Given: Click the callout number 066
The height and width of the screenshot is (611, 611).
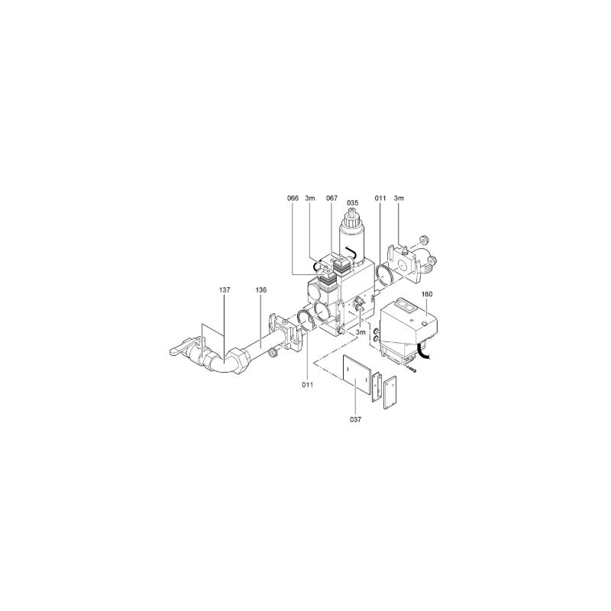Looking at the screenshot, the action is tap(293, 199).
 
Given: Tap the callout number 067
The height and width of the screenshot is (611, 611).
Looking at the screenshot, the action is tap(332, 199).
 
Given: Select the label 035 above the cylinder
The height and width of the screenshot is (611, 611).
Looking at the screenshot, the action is tap(352, 203).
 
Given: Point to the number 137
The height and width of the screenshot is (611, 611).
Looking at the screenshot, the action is tap(225, 290).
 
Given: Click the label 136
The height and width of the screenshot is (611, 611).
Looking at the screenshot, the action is tap(261, 290).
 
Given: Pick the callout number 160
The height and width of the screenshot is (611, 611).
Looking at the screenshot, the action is tap(427, 294).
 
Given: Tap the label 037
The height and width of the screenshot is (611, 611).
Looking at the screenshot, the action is tap(355, 419).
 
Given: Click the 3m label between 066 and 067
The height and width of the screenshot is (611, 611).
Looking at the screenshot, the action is tap(310, 199).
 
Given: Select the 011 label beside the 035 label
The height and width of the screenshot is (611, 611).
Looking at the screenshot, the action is tap(380, 199).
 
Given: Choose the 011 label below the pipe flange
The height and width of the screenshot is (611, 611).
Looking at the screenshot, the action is tap(308, 385).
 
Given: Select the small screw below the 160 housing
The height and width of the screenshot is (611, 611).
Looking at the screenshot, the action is tap(412, 369).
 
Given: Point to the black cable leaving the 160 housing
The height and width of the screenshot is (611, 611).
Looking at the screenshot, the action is tap(423, 351).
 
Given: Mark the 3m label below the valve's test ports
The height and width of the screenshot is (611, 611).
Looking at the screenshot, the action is tap(361, 332).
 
